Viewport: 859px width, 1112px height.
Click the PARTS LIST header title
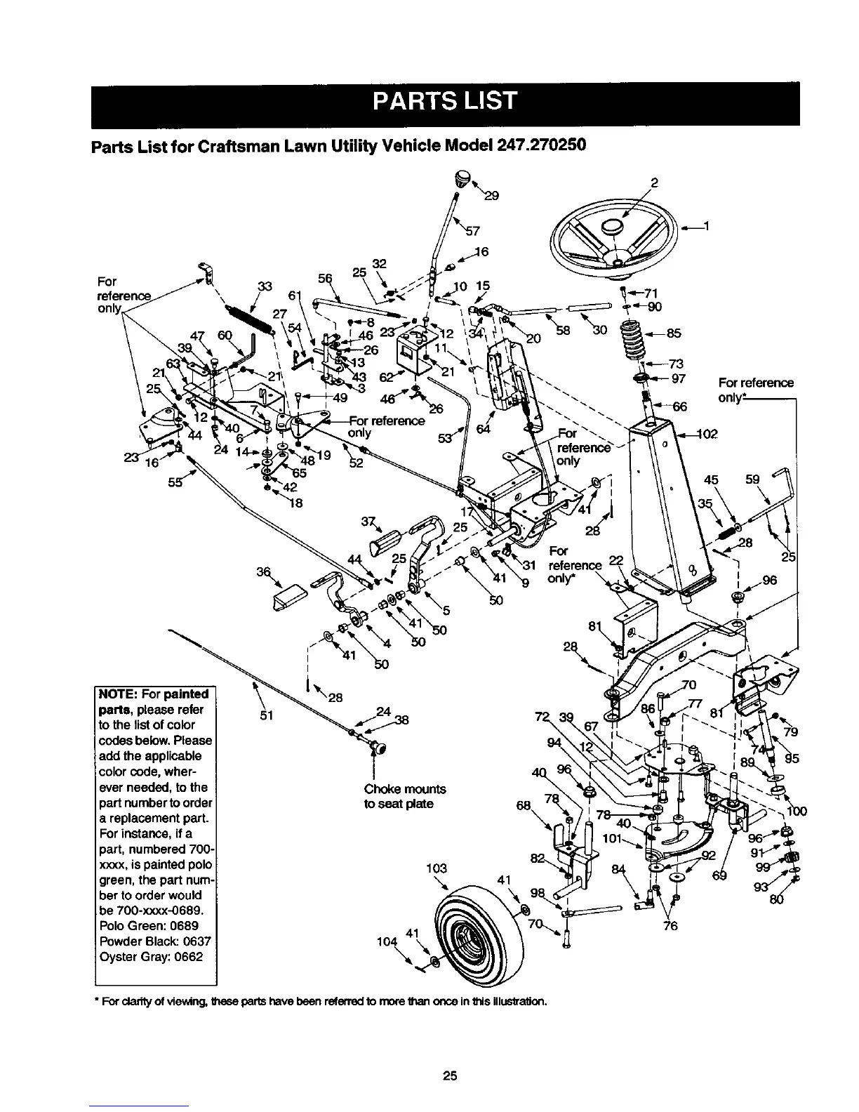click(x=444, y=100)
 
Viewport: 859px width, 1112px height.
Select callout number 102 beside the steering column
click(x=706, y=433)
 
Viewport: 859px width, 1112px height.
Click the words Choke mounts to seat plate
click(x=405, y=796)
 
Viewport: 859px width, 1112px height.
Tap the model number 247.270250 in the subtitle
click(x=540, y=147)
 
